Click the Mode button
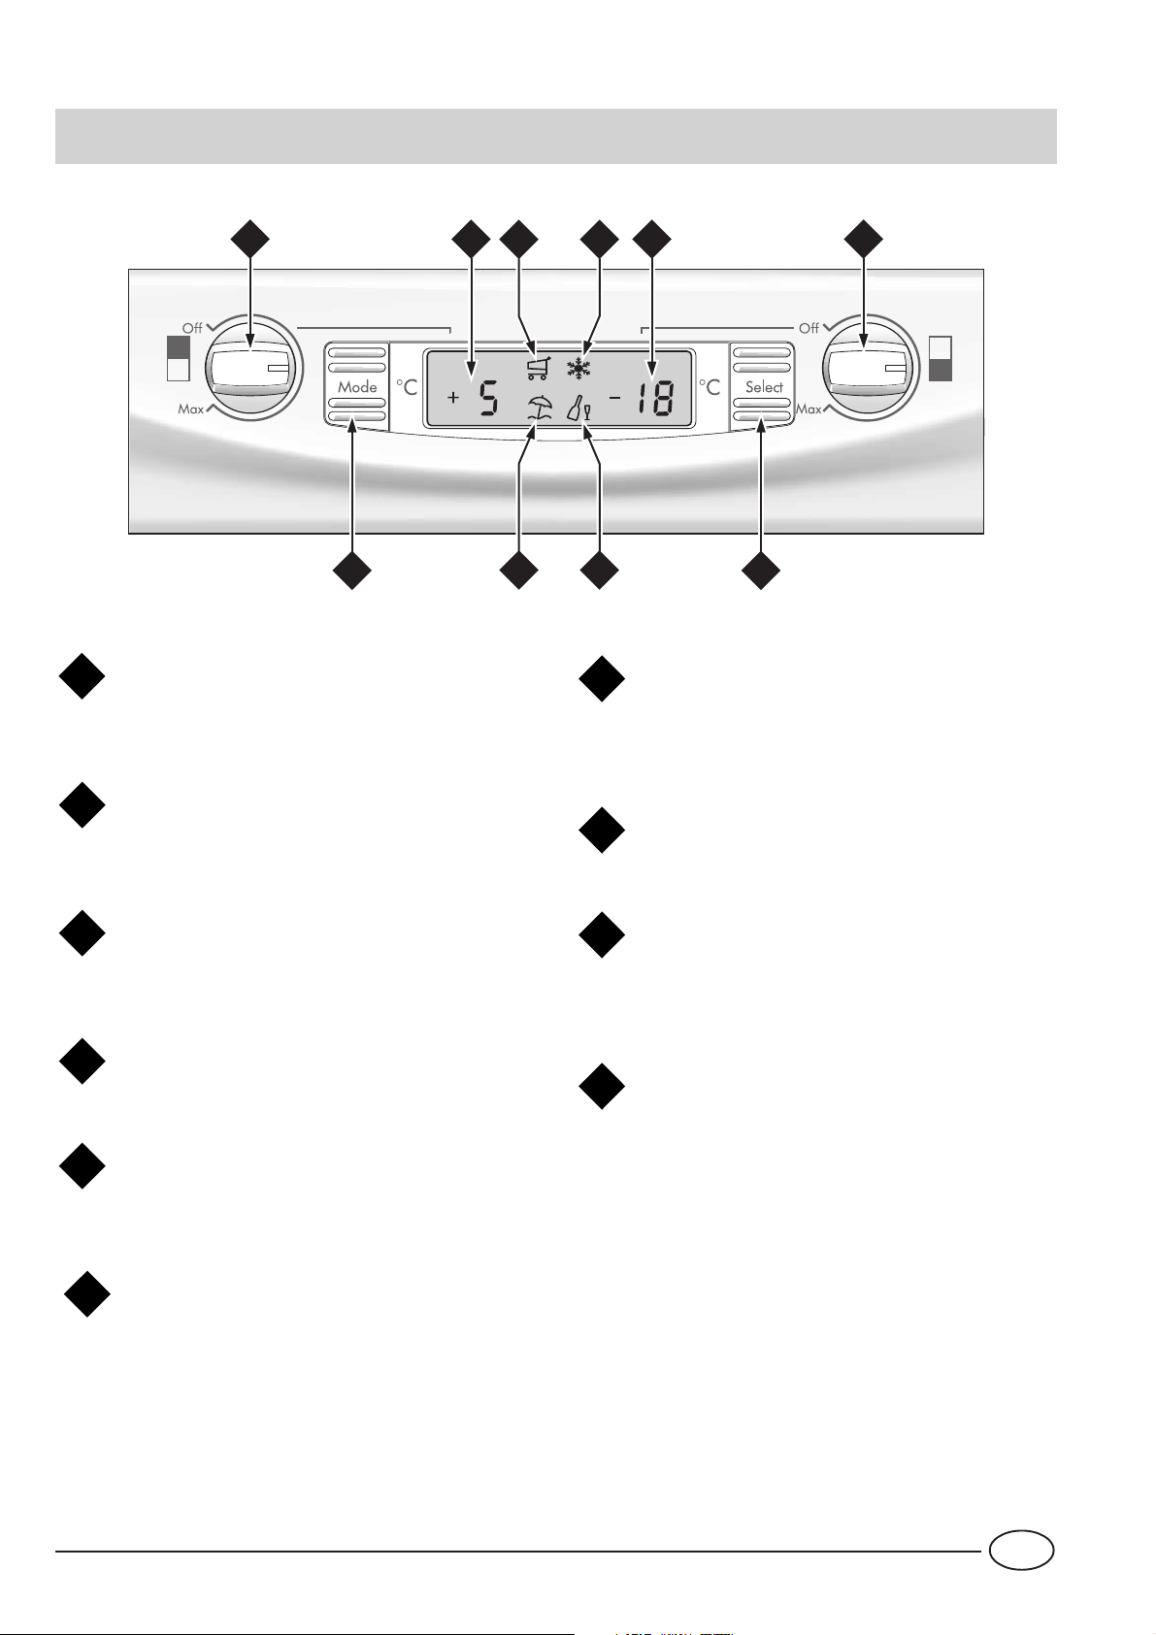pyautogui.click(x=357, y=386)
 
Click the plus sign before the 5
pyautogui.click(x=453, y=397)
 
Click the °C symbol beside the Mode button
pyautogui.click(x=408, y=387)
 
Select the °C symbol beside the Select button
pyautogui.click(x=711, y=387)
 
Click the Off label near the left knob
pyautogui.click(x=192, y=328)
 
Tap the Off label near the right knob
pyautogui.click(x=809, y=328)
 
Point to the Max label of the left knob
pyautogui.click(x=191, y=409)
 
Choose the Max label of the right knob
pyautogui.click(x=809, y=409)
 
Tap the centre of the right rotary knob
pyautogui.click(x=867, y=369)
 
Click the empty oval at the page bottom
pyautogui.click(x=1021, y=1550)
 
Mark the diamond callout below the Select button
pyautogui.click(x=761, y=571)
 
